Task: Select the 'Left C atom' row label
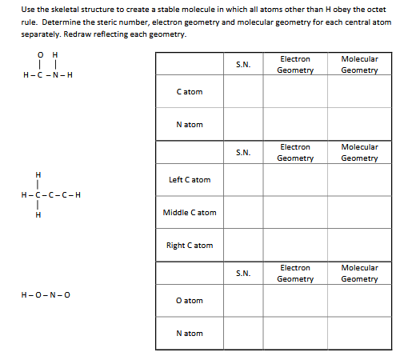189,179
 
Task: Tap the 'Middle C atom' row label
189,212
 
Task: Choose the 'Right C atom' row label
189,245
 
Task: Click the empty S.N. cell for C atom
243,92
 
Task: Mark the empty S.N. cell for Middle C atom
243,212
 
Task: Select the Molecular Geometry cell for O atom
359,300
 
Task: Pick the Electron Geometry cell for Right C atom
295,245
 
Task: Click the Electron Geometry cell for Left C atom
295,179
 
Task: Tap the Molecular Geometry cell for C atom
359,92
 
